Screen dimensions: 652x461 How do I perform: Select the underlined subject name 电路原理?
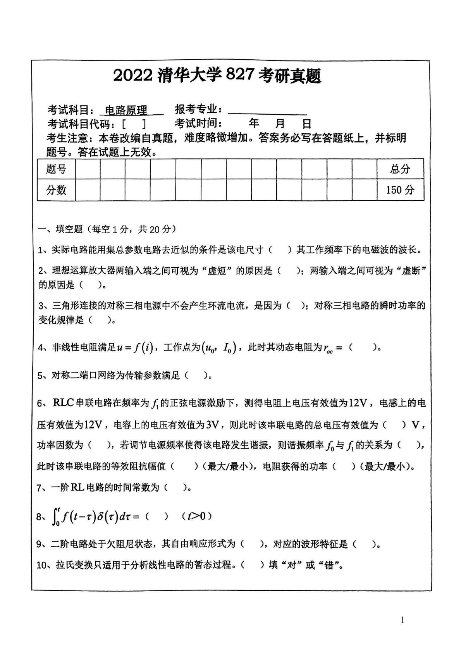tap(126, 111)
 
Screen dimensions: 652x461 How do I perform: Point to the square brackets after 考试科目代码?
tap(134, 125)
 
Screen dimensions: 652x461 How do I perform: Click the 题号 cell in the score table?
tap(56, 169)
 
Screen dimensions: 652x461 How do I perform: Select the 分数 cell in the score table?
tap(56, 190)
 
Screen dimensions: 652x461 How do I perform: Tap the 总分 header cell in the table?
tap(400, 169)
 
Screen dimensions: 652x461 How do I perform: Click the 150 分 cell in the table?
tap(400, 190)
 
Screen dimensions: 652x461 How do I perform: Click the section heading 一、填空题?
tap(60, 230)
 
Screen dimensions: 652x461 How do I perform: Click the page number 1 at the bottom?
tap(402, 620)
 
